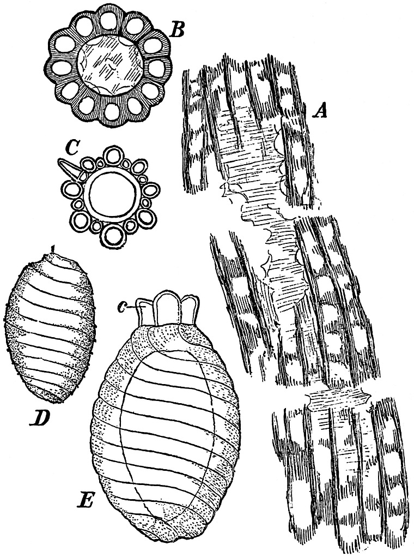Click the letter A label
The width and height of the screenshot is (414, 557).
pos(321,112)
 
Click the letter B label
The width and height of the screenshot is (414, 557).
pos(177,31)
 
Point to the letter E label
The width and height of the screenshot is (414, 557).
pos(86,500)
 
